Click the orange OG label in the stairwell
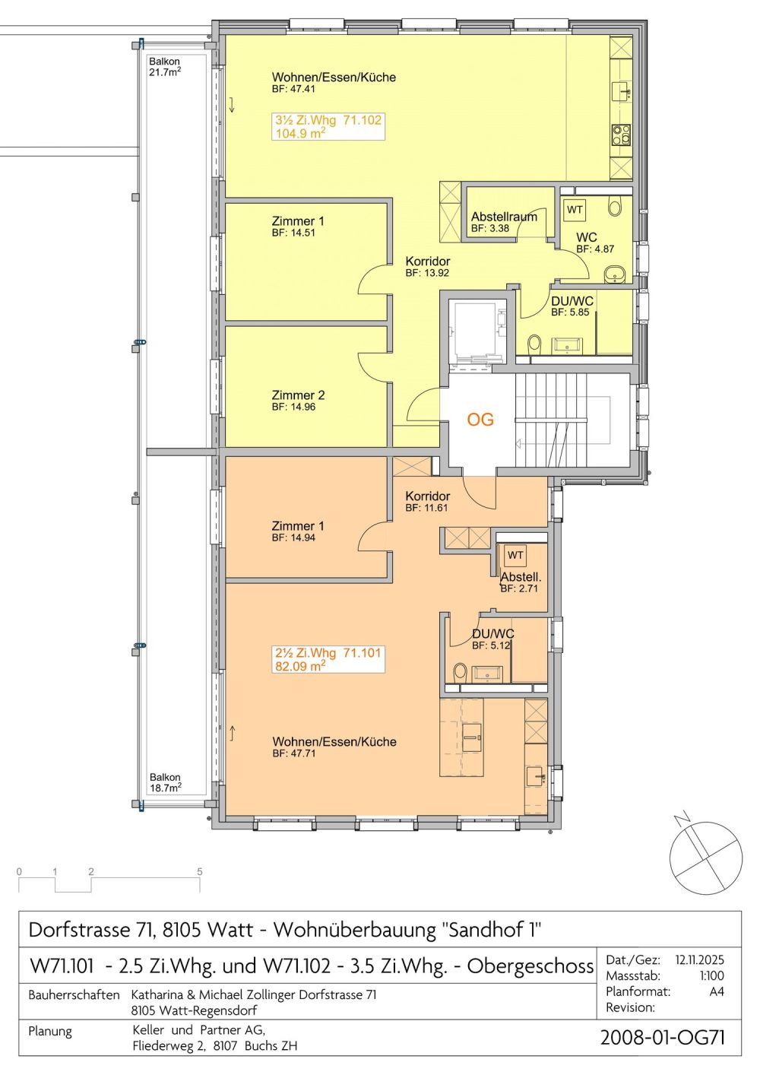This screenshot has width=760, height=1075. click(x=480, y=420)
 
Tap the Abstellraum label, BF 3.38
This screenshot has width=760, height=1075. click(x=504, y=222)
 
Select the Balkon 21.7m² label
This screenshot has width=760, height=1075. click(x=165, y=67)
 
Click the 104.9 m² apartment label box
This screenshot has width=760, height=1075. click(x=328, y=126)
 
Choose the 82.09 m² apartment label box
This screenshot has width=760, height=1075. click(x=328, y=659)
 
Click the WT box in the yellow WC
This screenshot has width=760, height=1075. click(x=575, y=210)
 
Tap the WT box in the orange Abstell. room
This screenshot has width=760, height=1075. click(x=515, y=555)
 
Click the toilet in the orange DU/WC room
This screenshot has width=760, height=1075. click(x=460, y=672)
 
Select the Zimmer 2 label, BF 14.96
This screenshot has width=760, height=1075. click(x=298, y=401)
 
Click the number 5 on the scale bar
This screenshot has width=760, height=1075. click(x=200, y=871)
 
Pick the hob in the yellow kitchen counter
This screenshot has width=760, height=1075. click(x=622, y=134)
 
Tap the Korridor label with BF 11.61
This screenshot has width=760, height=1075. click(x=427, y=502)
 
